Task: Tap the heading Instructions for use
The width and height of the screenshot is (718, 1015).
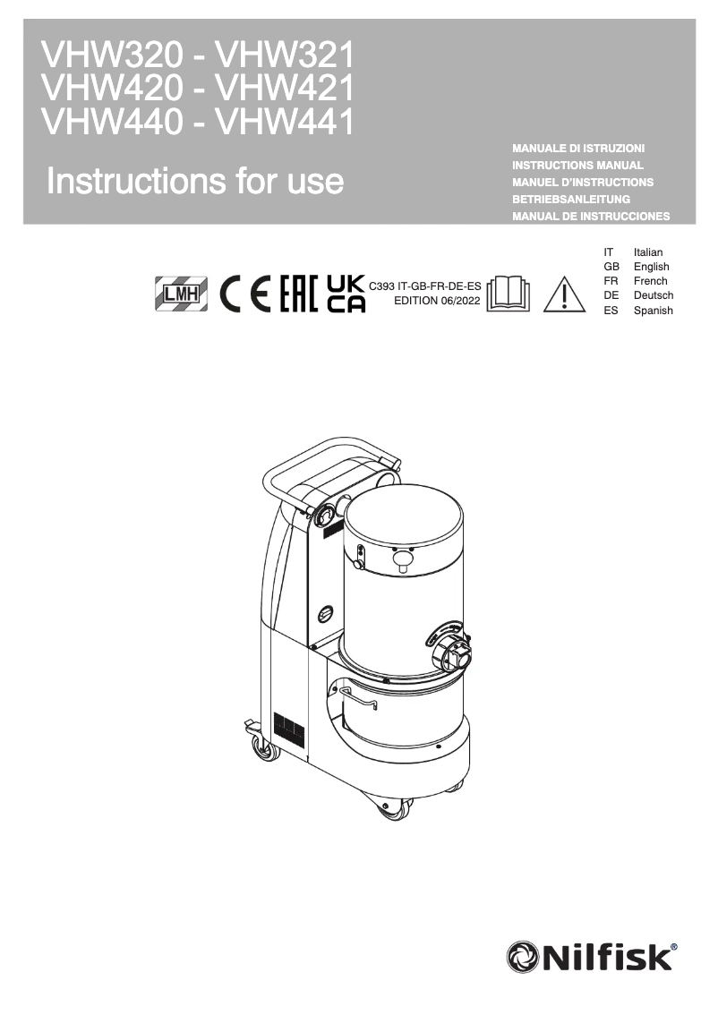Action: [195, 181]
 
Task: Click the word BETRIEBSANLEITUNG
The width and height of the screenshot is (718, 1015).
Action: [571, 199]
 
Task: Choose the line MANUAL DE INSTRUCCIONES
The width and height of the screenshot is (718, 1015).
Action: [591, 217]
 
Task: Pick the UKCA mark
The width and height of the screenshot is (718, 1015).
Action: [346, 293]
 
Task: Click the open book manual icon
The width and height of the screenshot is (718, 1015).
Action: [508, 294]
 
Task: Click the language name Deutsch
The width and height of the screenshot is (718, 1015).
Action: [654, 295]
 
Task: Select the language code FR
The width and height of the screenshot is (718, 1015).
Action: [611, 281]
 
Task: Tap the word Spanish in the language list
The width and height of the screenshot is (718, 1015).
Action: [654, 311]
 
